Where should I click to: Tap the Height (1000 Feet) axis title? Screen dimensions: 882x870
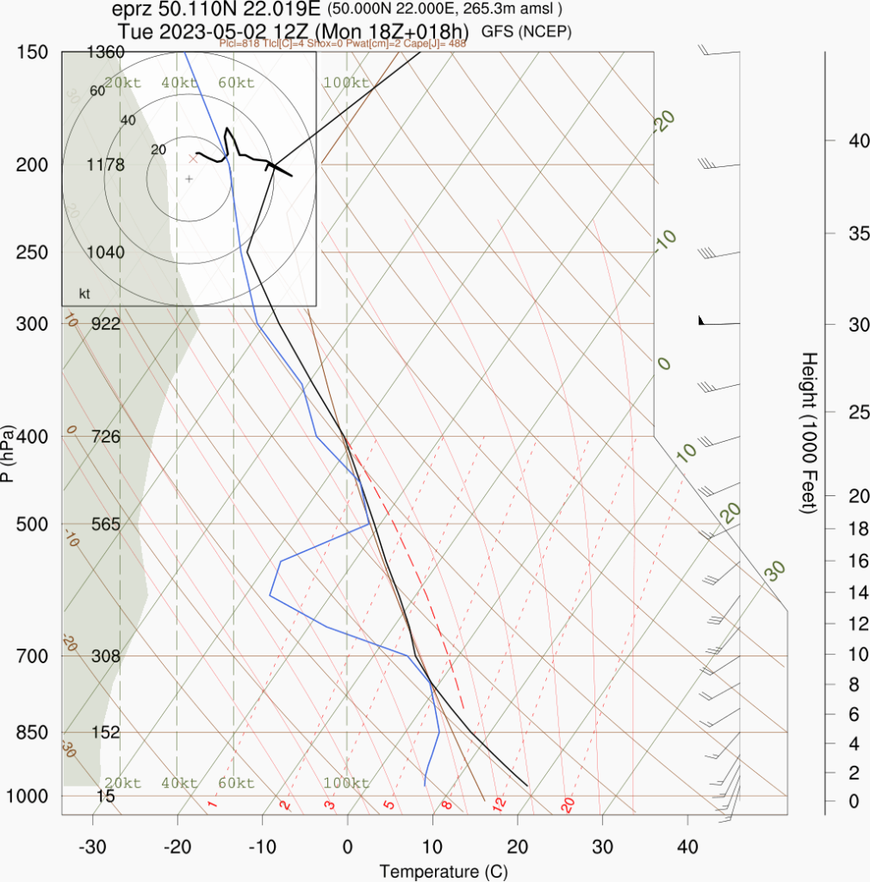pos(808,432)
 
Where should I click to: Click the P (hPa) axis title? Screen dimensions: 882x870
pos(8,453)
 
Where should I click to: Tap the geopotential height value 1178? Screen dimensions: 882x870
pos(106,165)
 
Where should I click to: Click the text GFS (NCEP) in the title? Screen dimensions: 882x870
pos(526,31)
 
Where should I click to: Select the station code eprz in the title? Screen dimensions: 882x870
pos(132,10)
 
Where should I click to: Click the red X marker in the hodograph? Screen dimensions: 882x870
pos(193,158)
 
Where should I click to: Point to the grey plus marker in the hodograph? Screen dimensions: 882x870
pos(190,178)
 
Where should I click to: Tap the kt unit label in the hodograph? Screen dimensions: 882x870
pos(84,294)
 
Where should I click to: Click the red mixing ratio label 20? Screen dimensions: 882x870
pos(568,805)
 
